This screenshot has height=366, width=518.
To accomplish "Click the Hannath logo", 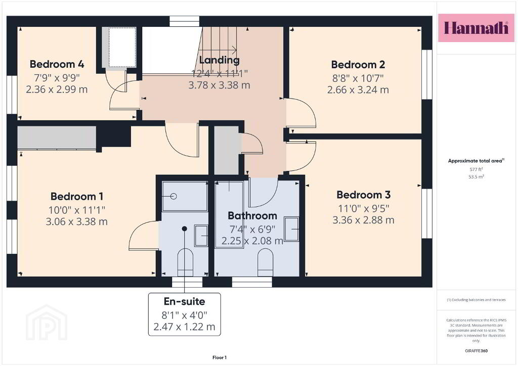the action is click(x=476, y=28).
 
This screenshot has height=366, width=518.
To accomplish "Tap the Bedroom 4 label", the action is click(x=57, y=64).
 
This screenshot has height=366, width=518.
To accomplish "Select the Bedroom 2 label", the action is click(x=358, y=65).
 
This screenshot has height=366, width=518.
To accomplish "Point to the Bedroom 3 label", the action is click(x=363, y=195).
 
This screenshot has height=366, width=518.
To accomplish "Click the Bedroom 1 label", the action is click(x=77, y=196).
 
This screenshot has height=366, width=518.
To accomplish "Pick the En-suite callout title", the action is click(x=184, y=301).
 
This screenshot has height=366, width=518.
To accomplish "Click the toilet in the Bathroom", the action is click(x=265, y=262).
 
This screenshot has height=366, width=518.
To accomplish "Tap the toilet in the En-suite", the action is click(x=185, y=263).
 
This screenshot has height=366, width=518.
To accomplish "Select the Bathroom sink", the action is click(x=291, y=229).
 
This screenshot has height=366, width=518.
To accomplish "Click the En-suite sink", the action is click(x=201, y=236).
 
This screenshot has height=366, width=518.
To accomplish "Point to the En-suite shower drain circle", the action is click(x=174, y=196).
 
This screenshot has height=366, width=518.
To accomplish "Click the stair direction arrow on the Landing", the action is click(x=218, y=50).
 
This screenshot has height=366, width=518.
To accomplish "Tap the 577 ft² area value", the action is click(x=476, y=169).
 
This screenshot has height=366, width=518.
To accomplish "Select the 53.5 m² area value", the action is click(x=476, y=176).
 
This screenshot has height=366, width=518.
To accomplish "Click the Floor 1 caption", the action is click(x=220, y=357).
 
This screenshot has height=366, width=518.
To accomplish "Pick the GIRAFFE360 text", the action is click(x=476, y=351).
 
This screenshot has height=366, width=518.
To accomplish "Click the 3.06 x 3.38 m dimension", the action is click(x=77, y=221).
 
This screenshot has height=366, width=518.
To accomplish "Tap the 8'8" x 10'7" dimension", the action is click(x=358, y=78).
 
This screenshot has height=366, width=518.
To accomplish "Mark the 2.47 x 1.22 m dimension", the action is click(x=184, y=327).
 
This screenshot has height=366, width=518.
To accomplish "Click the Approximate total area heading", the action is click(x=476, y=161).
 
